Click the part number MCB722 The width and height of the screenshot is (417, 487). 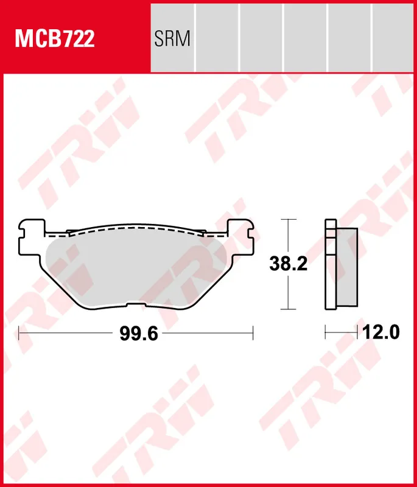point(55,40)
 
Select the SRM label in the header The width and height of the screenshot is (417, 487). point(173,40)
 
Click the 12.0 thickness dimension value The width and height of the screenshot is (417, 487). point(380,333)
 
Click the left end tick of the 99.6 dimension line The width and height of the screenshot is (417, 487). point(19,333)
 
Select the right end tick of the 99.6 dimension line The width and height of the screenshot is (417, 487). point(253,333)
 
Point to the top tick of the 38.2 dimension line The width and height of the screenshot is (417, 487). point(287,219)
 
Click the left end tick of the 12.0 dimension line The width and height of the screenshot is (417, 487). point(326,333)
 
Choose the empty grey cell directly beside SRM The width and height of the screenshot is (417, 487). point(217,37)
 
